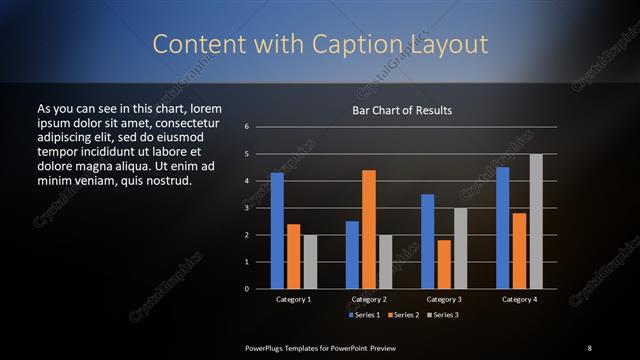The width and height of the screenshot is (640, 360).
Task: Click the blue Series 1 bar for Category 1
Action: [277, 231]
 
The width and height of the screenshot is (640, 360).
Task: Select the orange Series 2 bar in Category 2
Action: [369, 229]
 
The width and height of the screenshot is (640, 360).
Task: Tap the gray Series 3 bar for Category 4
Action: [536, 221]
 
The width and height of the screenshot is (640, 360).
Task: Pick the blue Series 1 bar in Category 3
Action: [428, 241]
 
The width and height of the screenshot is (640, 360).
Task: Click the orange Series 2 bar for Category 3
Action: [444, 264]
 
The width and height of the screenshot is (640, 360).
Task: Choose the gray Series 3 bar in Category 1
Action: [309, 261]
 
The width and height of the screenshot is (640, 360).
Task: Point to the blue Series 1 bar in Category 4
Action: [503, 228]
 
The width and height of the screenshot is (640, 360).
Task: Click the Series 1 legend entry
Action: [364, 315]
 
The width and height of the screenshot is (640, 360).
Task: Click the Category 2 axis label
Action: [369, 300]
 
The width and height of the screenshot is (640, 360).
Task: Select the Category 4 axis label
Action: [519, 300]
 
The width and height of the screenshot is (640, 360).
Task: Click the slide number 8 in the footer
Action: [589, 347]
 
